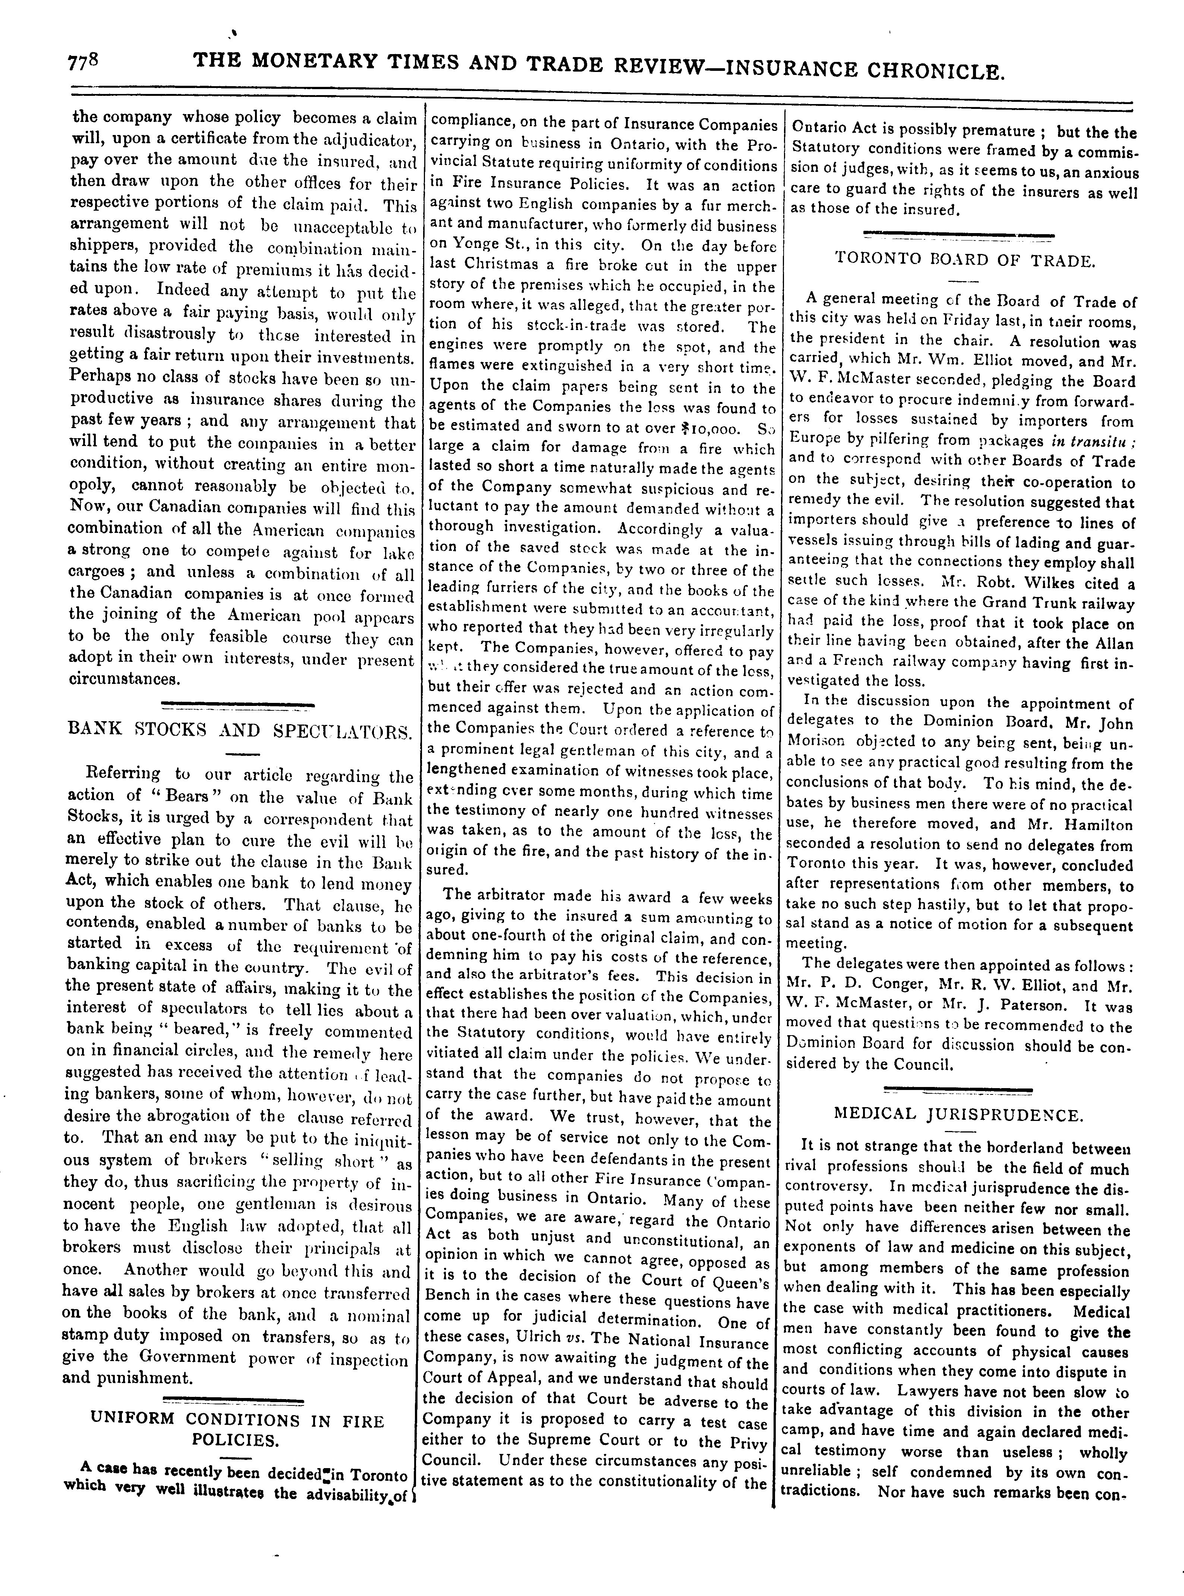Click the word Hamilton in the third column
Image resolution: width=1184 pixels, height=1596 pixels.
click(1096, 824)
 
